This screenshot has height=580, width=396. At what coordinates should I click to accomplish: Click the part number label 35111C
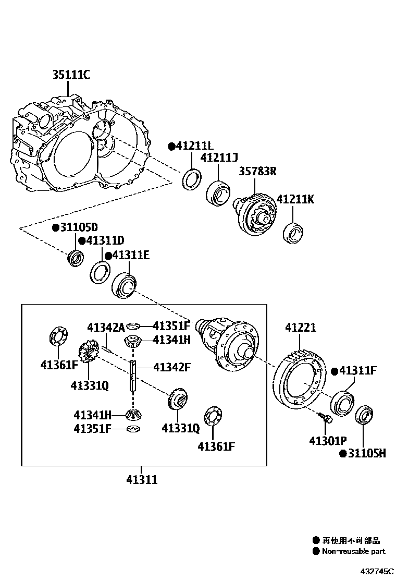70,75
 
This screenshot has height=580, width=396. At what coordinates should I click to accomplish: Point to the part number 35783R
257,171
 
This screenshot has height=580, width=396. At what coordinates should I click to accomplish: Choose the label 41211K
295,199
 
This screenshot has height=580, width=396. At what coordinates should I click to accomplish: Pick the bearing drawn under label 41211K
293,232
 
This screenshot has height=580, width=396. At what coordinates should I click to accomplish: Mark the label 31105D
78,227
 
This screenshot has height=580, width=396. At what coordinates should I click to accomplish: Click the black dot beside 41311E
108,255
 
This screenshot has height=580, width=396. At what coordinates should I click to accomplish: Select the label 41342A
106,327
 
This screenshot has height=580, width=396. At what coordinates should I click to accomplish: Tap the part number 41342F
172,367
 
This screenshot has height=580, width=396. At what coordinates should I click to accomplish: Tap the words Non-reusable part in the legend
353,551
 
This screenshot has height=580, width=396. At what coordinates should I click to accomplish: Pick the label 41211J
219,158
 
